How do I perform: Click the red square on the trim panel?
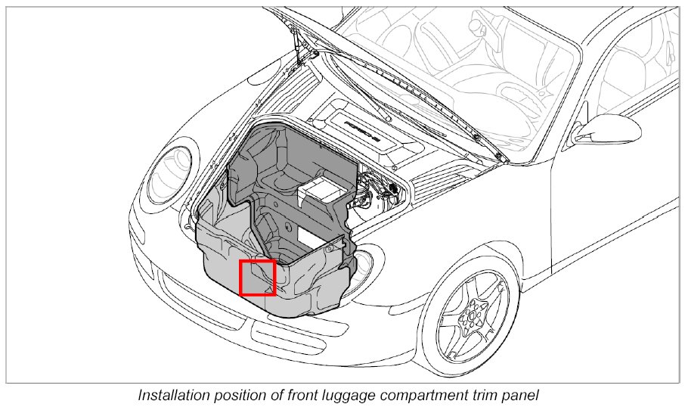pyautogui.click(x=256, y=277)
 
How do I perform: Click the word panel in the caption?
pyautogui.click(x=519, y=396)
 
